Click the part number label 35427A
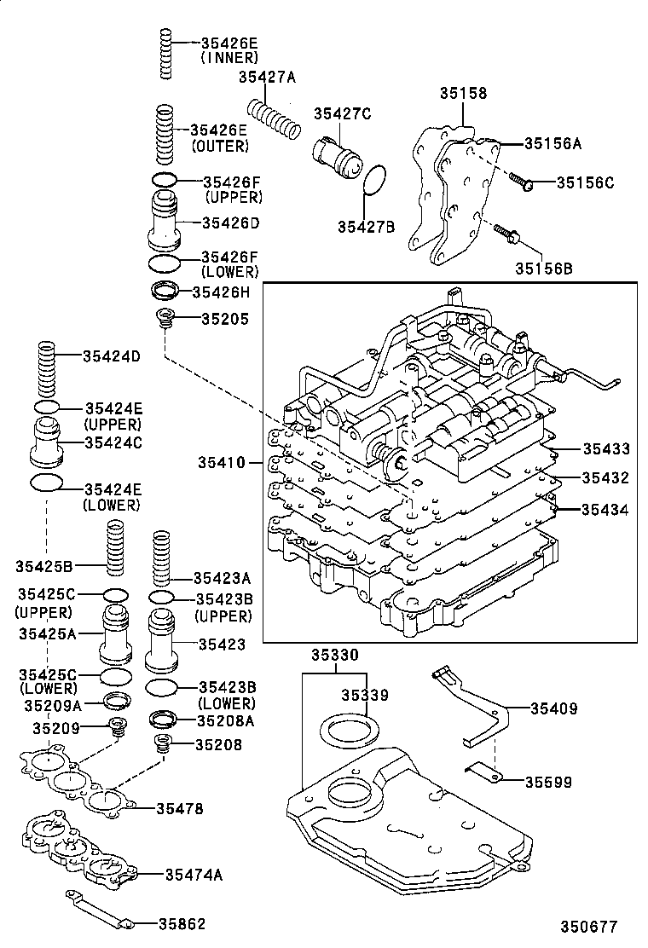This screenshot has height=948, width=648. point(266,78)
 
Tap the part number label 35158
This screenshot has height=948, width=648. point(463,93)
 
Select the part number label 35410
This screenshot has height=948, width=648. point(221,464)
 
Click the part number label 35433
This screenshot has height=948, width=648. point(605,448)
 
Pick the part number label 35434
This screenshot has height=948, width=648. point(605,510)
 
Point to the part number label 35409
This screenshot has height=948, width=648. point(553,708)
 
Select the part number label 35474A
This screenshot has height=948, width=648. point(194,874)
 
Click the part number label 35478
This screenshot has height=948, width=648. point(179,808)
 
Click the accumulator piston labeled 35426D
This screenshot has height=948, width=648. point(166,221)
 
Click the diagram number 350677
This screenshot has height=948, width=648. point(587,927)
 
